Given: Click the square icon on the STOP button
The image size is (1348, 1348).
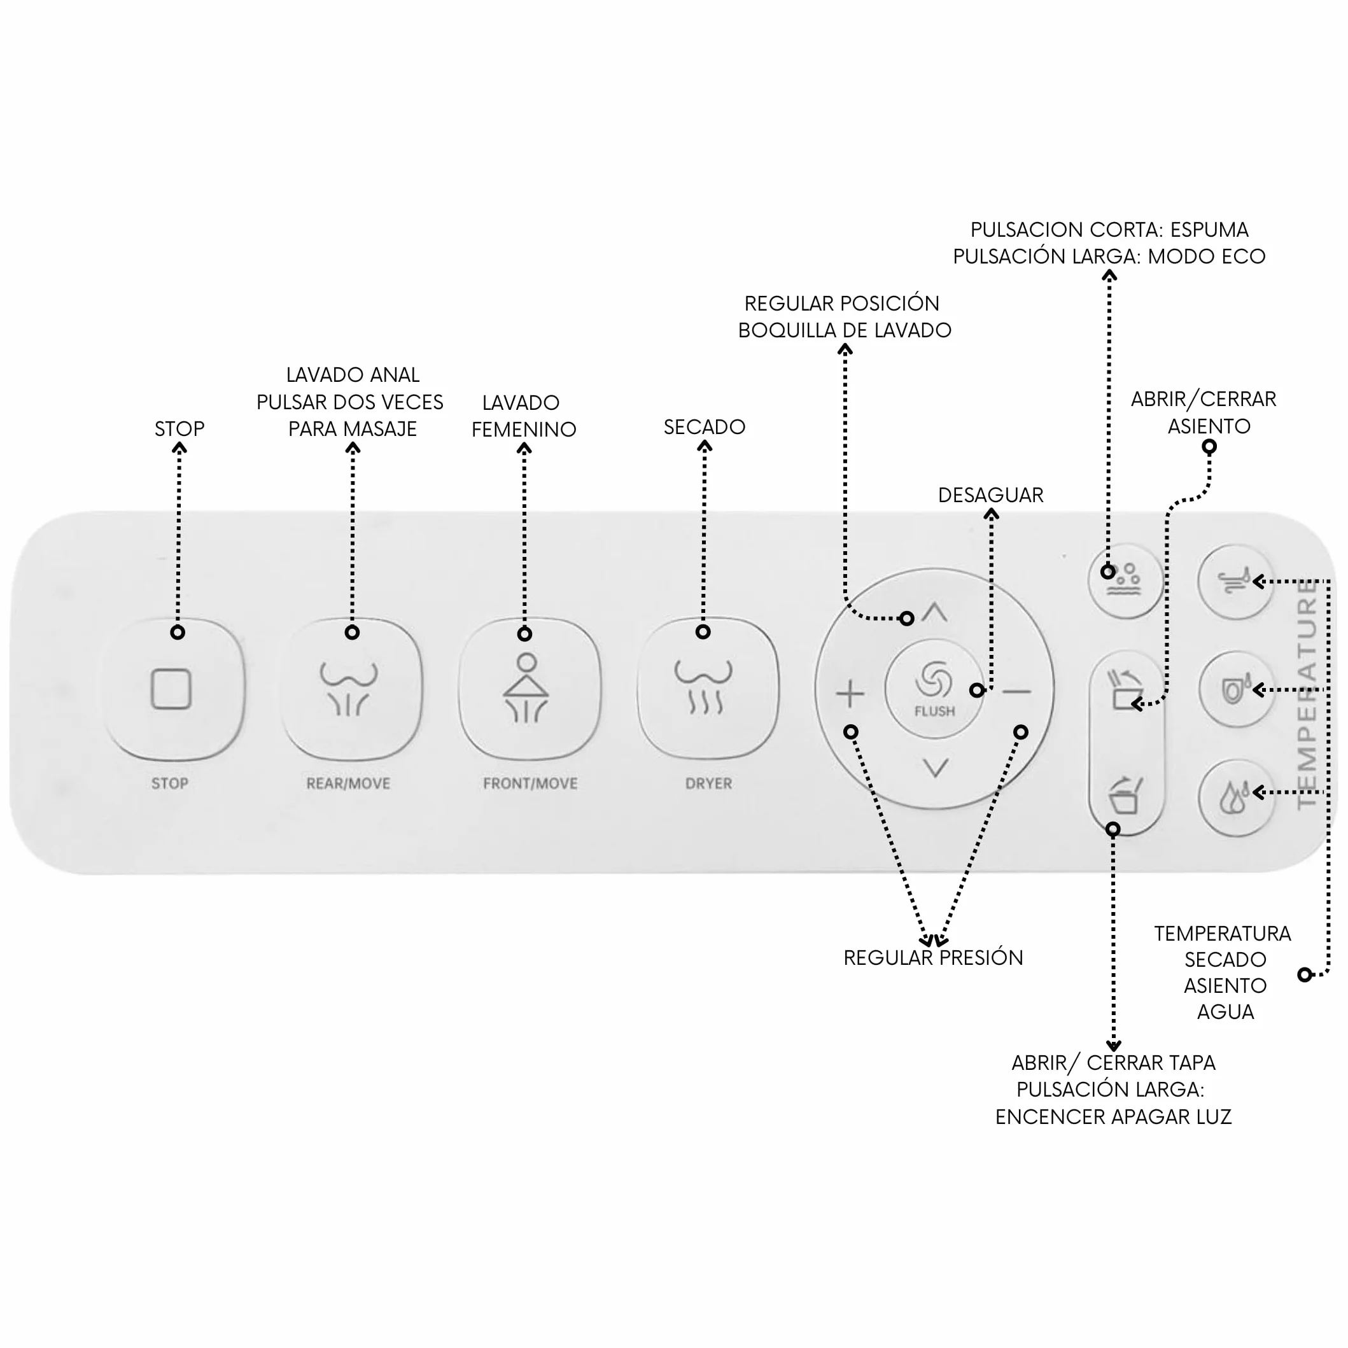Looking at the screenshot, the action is (x=171, y=689).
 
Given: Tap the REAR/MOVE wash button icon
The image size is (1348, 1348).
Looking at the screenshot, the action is (x=349, y=689).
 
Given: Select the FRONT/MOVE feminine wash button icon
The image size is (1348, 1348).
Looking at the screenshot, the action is (x=527, y=688).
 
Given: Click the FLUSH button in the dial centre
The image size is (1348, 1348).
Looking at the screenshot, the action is (x=934, y=689).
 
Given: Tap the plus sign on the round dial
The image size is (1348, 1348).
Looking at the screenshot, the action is (x=850, y=694).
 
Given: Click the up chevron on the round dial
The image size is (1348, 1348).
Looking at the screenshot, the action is (x=934, y=613).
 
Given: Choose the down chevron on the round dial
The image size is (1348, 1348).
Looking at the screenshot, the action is (x=936, y=768).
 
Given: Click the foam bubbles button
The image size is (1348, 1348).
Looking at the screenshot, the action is (x=1125, y=580).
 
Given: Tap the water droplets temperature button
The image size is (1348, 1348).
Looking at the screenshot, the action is (x=1236, y=797).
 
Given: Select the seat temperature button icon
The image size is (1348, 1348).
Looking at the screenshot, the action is (x=1236, y=689).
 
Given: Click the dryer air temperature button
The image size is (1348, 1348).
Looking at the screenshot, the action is (x=1236, y=581).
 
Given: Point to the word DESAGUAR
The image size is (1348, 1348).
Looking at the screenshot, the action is (x=991, y=495).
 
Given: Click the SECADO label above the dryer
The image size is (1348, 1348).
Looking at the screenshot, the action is (x=705, y=427).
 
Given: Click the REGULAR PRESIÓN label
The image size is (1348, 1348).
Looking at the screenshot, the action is (x=934, y=958).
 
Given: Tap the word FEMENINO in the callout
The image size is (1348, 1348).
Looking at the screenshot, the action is (x=524, y=430).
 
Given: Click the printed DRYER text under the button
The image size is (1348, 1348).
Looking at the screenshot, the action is (x=709, y=783).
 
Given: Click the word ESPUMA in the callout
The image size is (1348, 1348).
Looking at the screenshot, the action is (x=1209, y=230).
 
